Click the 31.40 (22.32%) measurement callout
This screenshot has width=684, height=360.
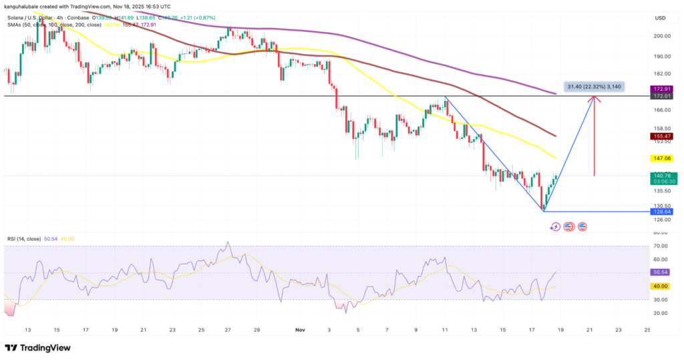pos(594,86)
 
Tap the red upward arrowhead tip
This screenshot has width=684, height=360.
pos(593,98)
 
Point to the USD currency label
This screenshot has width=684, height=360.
pos(659,18)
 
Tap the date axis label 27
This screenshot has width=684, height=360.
pos(228,330)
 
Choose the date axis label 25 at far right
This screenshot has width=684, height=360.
pos(647,330)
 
